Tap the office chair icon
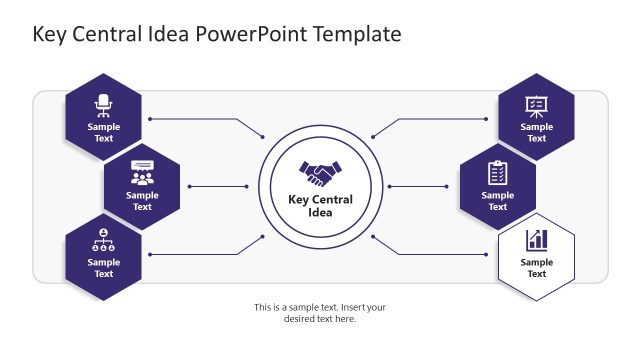click(x=104, y=103)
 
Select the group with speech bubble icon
click(x=142, y=172)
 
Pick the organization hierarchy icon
click(x=104, y=241)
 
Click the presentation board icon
click(x=536, y=104)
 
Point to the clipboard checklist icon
click(x=497, y=172)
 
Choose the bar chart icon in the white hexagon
click(x=537, y=240)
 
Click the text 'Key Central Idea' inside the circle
click(x=320, y=206)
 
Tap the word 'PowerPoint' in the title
click(x=252, y=34)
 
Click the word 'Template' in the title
click(x=357, y=34)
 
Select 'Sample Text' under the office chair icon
click(x=104, y=133)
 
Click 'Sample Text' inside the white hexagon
click(x=537, y=268)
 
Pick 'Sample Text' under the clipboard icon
click(x=497, y=201)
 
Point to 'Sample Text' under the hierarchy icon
click(x=104, y=268)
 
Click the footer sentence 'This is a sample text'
click(x=320, y=308)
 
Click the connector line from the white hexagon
click(x=440, y=255)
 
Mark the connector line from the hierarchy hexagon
click(x=200, y=255)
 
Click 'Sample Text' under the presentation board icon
click(x=536, y=133)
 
